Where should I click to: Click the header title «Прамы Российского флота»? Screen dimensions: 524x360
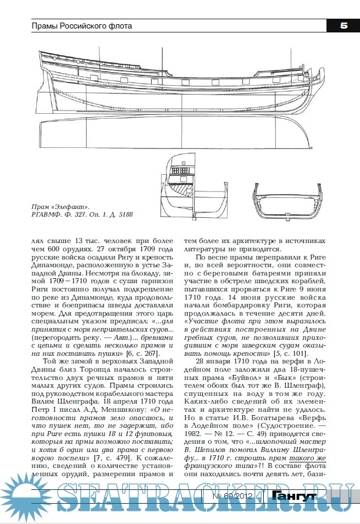coord(82,26)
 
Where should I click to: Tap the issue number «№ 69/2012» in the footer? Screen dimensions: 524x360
coord(240,497)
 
